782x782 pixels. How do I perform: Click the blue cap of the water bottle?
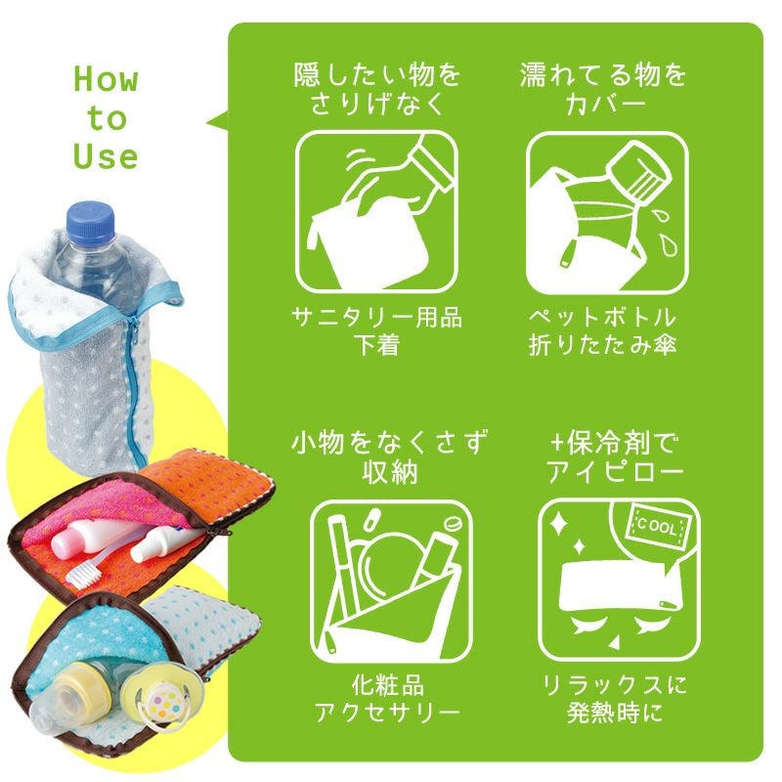[91, 221]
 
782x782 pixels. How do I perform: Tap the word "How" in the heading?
[106, 79]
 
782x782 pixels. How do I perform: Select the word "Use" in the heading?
[106, 156]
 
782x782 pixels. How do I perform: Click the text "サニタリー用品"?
[377, 317]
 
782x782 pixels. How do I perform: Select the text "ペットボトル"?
[603, 317]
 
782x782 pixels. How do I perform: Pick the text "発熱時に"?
[615, 713]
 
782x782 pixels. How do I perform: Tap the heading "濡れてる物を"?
[603, 74]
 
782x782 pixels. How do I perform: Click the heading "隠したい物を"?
[377, 74]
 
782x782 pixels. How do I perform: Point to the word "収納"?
[390, 471]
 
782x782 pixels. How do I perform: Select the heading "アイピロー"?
[615, 471]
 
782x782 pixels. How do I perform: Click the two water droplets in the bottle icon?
[664, 233]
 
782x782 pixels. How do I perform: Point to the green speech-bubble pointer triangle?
[217, 121]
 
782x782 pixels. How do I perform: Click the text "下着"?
[377, 345]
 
